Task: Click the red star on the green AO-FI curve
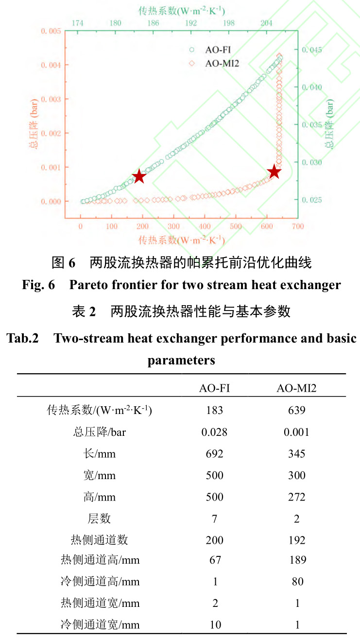[139, 176]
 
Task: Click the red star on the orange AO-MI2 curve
[274, 172]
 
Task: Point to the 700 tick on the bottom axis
[298, 226]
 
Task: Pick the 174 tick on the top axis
[77, 23]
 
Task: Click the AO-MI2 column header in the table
[296, 388]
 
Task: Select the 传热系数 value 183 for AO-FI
[214, 411]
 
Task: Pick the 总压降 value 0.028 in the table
[214, 432]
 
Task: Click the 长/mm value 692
[214, 454]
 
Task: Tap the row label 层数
[99, 519]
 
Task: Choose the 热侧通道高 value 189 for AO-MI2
[297, 560]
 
